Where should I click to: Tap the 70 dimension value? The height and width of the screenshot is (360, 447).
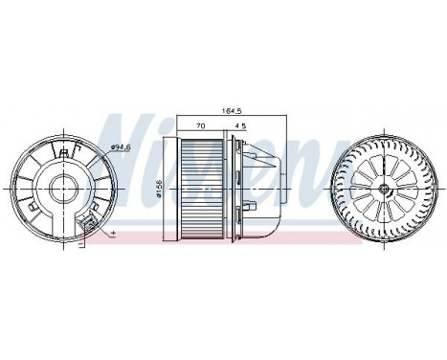(x=200, y=124)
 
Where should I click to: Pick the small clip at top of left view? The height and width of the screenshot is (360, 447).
(x=64, y=150)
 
